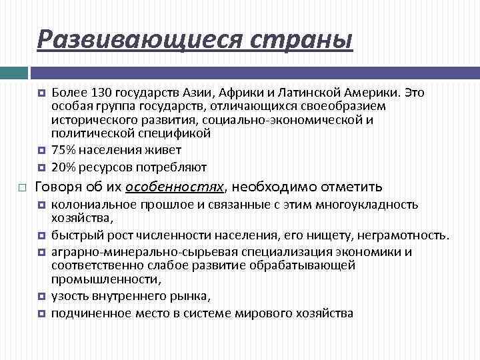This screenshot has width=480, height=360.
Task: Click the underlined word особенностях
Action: pos(176,186)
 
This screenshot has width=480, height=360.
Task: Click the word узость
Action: pos(67,296)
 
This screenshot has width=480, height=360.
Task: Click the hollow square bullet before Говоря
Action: pos(21,186)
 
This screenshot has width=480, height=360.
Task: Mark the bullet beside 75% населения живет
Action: pos(41,151)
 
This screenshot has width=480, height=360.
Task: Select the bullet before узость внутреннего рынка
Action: pos(41,297)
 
